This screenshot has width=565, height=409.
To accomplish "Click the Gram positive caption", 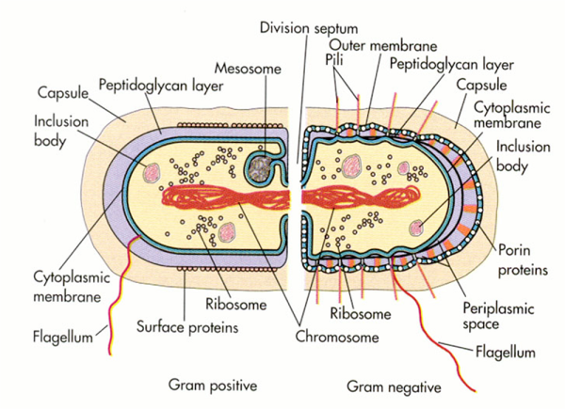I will pyautogui.click(x=213, y=385).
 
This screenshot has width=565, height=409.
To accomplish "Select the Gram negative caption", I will pyautogui.click(x=391, y=385).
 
